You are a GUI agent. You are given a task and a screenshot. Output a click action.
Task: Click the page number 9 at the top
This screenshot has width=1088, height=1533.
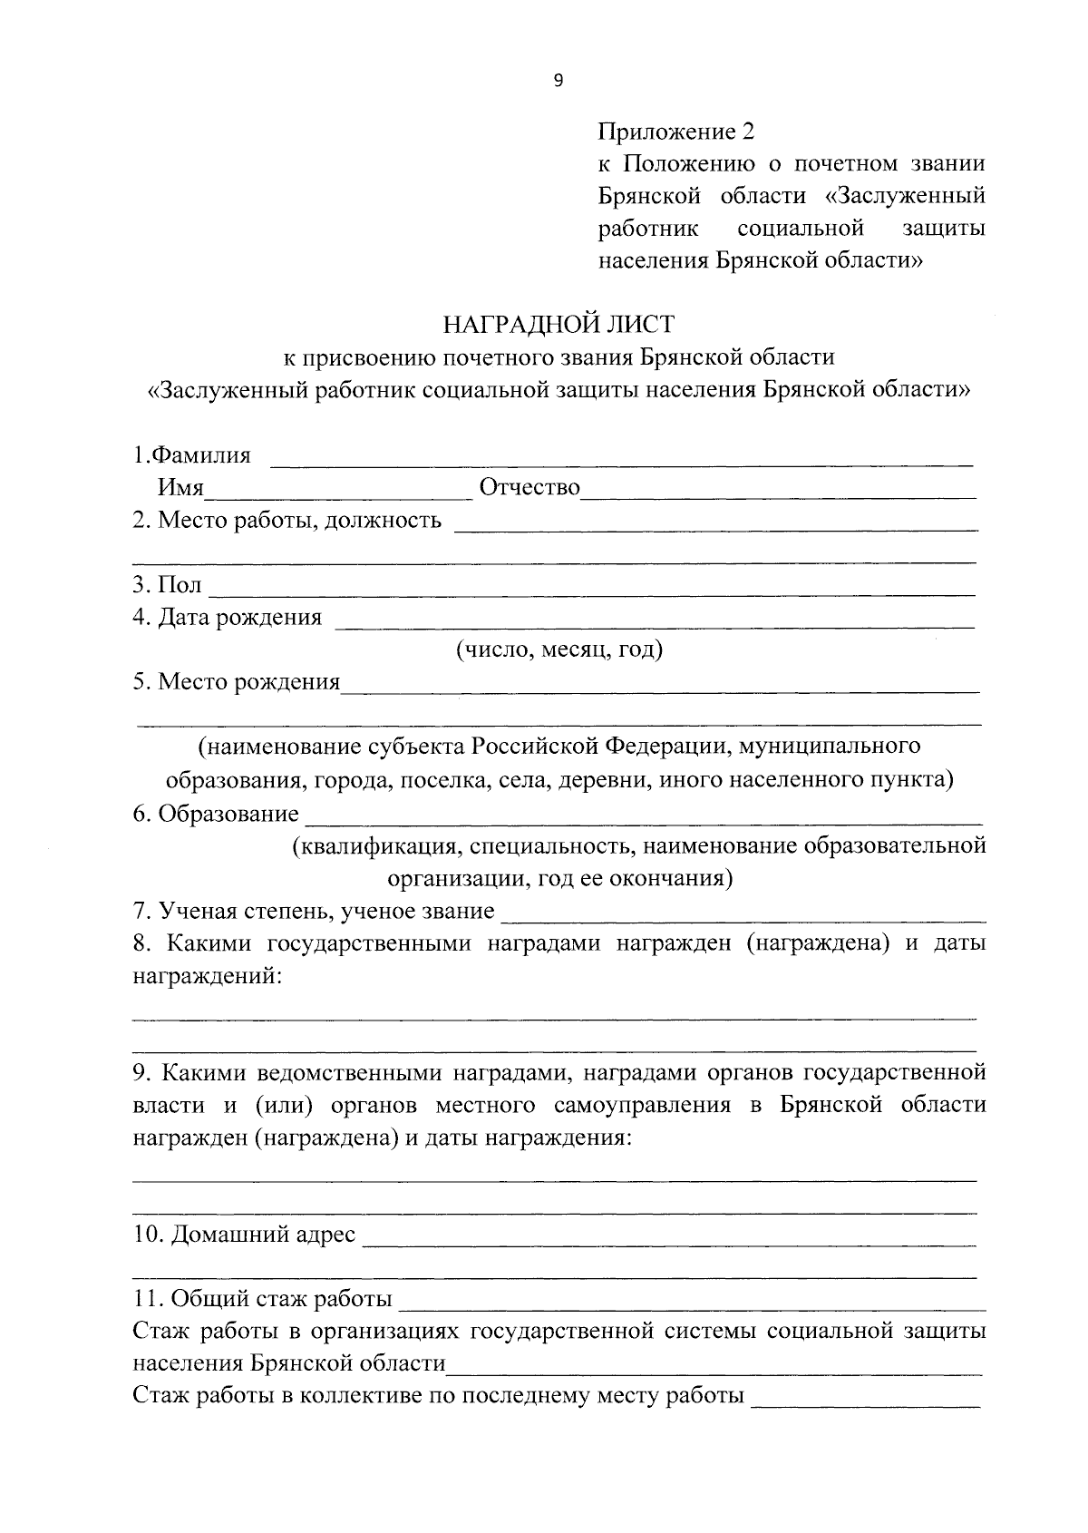tap(558, 82)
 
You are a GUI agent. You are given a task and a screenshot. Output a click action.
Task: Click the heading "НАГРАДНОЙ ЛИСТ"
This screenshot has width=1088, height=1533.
tap(559, 324)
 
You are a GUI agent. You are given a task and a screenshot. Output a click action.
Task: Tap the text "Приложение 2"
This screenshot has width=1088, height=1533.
tap(675, 132)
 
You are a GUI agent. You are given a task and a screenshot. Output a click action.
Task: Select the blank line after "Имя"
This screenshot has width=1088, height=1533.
tap(339, 494)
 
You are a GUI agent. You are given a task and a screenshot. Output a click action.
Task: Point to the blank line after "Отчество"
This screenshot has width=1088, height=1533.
tap(780, 494)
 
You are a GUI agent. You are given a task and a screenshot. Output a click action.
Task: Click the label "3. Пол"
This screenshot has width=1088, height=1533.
tap(168, 585)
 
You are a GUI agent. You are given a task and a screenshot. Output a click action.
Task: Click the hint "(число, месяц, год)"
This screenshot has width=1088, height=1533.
tap(559, 649)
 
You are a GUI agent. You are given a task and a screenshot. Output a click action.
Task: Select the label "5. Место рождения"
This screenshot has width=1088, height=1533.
tap(237, 682)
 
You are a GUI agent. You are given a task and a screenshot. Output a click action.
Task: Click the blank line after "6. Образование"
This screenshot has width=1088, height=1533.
tap(644, 820)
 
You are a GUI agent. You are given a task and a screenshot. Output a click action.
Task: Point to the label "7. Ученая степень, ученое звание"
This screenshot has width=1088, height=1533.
tap(314, 911)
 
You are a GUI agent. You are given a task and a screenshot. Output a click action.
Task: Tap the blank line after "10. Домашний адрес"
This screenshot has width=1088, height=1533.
tap(669, 1242)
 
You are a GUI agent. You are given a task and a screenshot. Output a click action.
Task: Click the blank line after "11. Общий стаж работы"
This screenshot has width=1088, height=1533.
tap(692, 1307)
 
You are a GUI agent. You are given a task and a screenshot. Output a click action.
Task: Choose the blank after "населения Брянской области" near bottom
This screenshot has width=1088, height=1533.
tap(714, 1372)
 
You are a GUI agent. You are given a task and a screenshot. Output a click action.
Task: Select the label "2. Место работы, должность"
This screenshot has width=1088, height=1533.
tap(287, 521)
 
